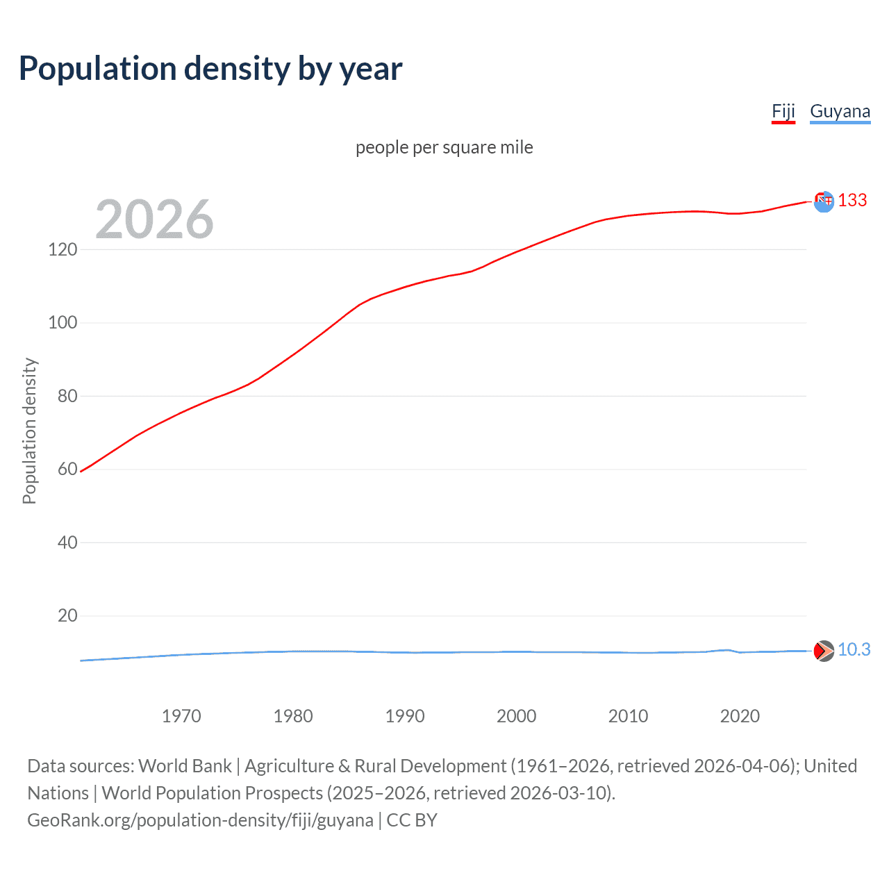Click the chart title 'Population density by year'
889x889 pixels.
pos(210,69)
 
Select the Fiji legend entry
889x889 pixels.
pos(783,112)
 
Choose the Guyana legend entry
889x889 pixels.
pos(840,112)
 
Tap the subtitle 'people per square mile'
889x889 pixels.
pos(444,147)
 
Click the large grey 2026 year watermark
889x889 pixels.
pos(154,219)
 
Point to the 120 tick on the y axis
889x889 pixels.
pos(63,249)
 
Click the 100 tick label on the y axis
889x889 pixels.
pos(63,323)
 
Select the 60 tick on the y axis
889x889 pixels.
pos(67,470)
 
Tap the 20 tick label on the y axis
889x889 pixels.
pos(67,616)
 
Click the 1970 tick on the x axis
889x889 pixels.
pos(181,716)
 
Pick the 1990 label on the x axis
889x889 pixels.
pos(405,716)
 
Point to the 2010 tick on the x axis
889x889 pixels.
pos(628,716)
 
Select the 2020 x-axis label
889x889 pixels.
pos(740,716)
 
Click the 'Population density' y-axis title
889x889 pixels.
pos(29,431)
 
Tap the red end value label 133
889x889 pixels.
pos(852,201)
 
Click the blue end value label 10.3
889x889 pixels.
pos(854,650)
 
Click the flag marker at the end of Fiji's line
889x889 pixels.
pos(824,201)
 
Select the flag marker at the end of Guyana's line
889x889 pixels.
pos(824,651)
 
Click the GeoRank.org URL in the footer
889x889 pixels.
pos(200,820)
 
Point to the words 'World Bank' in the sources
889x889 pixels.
pos(185,766)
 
